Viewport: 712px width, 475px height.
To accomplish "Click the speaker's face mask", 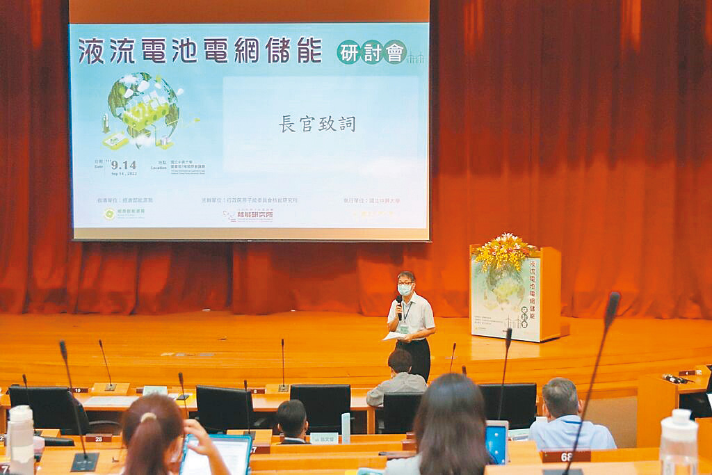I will pyautogui.click(x=405, y=289).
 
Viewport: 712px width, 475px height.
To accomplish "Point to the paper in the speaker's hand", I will pyautogui.click(x=393, y=336).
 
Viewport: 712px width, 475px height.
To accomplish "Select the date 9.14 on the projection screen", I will pyautogui.click(x=123, y=165).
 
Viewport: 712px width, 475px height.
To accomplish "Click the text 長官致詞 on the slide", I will pyautogui.click(x=317, y=124).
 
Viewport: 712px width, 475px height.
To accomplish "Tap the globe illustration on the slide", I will pyautogui.click(x=143, y=108).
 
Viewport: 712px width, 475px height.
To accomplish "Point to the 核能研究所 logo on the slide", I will pyautogui.click(x=248, y=215).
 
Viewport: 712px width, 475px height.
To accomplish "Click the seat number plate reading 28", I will pyautogui.click(x=98, y=438).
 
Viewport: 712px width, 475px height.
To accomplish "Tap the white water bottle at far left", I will pyautogui.click(x=21, y=438).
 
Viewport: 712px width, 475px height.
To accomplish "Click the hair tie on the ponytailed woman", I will pyautogui.click(x=147, y=417).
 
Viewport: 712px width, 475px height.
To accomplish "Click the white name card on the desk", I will pyautogui.click(x=323, y=438).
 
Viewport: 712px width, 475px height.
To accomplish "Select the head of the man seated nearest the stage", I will pyautogui.click(x=400, y=362).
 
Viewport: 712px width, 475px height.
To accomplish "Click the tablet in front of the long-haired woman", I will pyautogui.click(x=496, y=442).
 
